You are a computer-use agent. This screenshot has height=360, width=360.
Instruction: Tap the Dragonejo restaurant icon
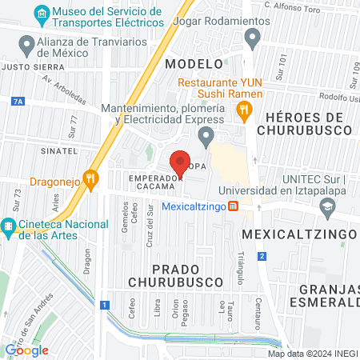[x=93, y=181]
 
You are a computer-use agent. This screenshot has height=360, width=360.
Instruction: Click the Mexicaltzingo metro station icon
[x=232, y=206]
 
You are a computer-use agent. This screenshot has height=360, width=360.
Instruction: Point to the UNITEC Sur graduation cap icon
[x=326, y=208]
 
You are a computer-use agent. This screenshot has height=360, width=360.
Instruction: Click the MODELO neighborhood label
[x=193, y=63]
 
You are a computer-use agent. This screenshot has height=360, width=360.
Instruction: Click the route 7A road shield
[x=18, y=102]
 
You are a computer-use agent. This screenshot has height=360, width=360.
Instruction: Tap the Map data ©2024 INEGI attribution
[x=312, y=354]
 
